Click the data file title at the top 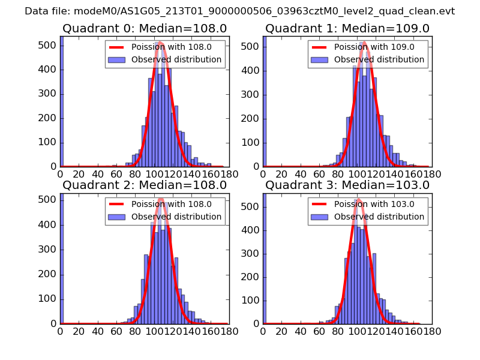click(240, 11)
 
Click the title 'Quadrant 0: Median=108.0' click(145, 29)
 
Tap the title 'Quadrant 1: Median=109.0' click(347, 29)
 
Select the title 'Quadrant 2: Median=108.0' click(145, 185)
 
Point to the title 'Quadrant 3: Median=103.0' click(347, 185)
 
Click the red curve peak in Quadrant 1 click(365, 42)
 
